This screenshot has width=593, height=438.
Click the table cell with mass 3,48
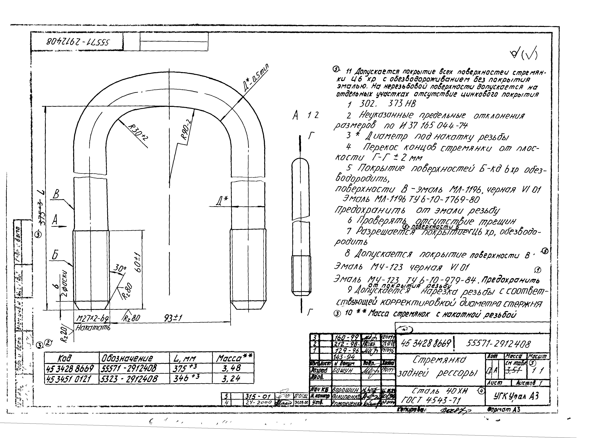tap(232, 368)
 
